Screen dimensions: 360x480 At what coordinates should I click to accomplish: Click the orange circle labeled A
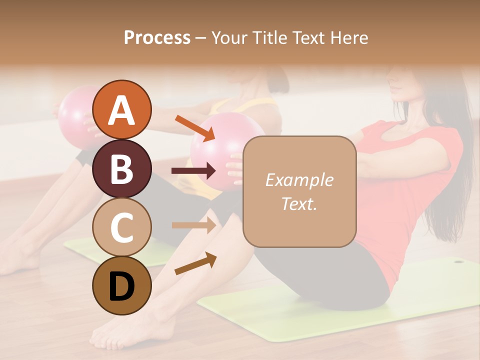[121, 109]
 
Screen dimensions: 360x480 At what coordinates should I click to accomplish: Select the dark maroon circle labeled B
[121, 168]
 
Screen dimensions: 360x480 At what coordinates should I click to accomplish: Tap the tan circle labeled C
[121, 226]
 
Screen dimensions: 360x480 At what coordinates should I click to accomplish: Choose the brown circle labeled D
[121, 285]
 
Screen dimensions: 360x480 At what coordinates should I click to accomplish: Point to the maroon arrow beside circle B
[194, 171]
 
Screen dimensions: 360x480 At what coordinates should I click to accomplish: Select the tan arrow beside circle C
[194, 225]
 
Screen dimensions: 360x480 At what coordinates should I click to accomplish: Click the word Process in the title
[157, 38]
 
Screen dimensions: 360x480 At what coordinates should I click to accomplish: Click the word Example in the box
[299, 180]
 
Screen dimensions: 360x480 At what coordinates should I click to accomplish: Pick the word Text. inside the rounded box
[299, 204]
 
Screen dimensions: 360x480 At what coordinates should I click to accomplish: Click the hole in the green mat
[458, 260]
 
